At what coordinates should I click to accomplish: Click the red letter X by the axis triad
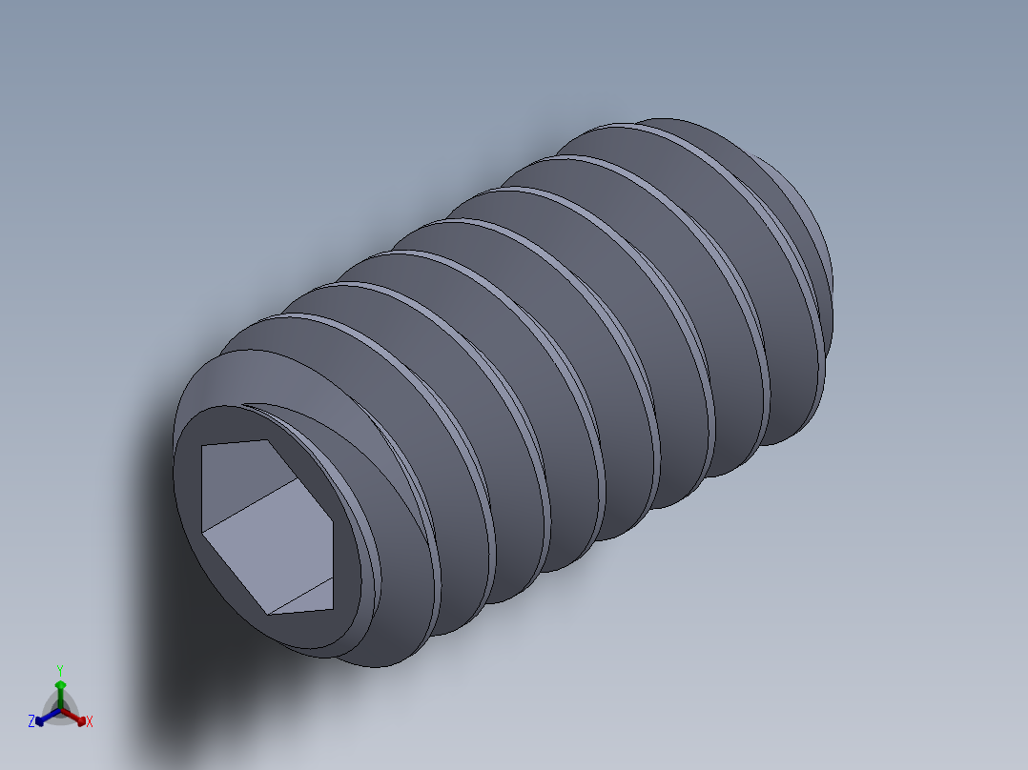[x=89, y=721]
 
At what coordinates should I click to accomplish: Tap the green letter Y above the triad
[x=60, y=669]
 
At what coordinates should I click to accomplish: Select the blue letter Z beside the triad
[x=31, y=721]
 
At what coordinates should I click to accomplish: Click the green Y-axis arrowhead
[x=60, y=685]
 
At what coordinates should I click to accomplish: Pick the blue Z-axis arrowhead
[x=41, y=719]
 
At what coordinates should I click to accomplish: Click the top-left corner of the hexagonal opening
[x=203, y=447]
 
